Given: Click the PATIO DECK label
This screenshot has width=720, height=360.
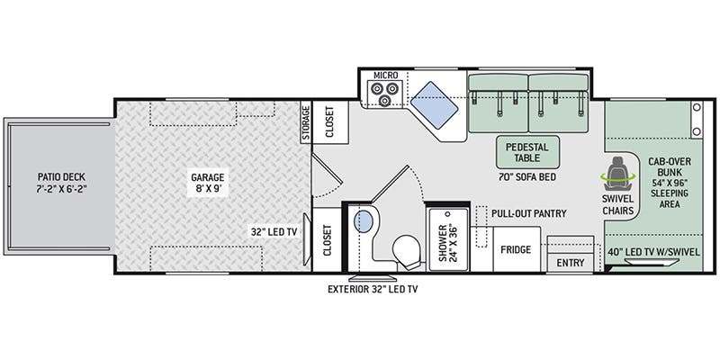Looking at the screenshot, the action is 61,183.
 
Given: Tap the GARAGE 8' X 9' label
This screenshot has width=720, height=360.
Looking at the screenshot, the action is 208,183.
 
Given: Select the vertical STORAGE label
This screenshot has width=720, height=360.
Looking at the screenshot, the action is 306,122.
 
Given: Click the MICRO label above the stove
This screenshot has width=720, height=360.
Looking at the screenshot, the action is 385,75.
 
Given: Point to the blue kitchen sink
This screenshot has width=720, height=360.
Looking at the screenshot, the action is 434,106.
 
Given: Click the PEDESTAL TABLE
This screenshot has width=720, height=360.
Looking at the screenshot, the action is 527,152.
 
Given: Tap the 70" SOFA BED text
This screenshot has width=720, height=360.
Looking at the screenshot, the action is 527,176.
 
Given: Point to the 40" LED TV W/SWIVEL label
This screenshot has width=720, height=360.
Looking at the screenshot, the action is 654,252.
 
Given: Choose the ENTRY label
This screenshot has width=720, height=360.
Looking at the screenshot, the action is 571,263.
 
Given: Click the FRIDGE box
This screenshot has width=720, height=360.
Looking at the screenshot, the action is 516,249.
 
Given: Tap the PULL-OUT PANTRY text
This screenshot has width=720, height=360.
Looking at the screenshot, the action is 528,213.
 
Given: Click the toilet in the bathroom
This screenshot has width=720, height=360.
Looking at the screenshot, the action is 408,253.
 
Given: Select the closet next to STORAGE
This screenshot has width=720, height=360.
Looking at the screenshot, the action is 330,122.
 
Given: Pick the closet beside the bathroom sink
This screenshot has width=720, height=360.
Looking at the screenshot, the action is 327,239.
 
